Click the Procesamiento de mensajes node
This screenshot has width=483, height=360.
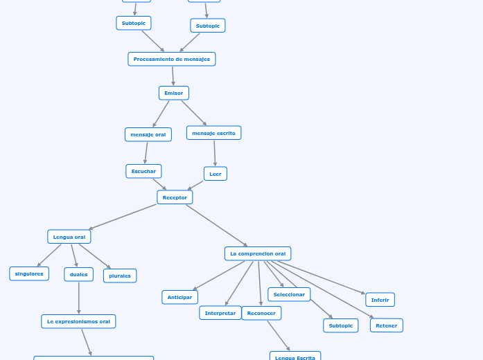point(172,60)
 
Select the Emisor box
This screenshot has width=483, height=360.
point(174,93)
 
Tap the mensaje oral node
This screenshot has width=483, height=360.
point(148,134)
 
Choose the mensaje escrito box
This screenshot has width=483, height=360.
point(213,133)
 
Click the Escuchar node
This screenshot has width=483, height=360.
point(143,171)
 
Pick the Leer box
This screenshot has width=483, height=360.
point(216,174)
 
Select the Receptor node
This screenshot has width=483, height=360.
point(175,197)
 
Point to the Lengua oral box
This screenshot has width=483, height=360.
point(69,237)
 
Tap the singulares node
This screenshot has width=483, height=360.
point(29,273)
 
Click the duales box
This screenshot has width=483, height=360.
point(78,274)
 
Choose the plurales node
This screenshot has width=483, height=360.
point(120,276)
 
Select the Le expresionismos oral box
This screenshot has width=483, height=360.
point(78,321)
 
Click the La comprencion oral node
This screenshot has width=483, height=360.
point(258,253)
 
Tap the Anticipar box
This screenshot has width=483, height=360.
point(179,297)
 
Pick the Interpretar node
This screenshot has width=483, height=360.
point(220,313)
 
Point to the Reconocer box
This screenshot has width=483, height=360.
point(261,313)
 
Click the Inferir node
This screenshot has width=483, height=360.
point(380,300)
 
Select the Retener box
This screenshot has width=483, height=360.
point(386,325)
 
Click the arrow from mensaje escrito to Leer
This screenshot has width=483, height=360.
point(215,153)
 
